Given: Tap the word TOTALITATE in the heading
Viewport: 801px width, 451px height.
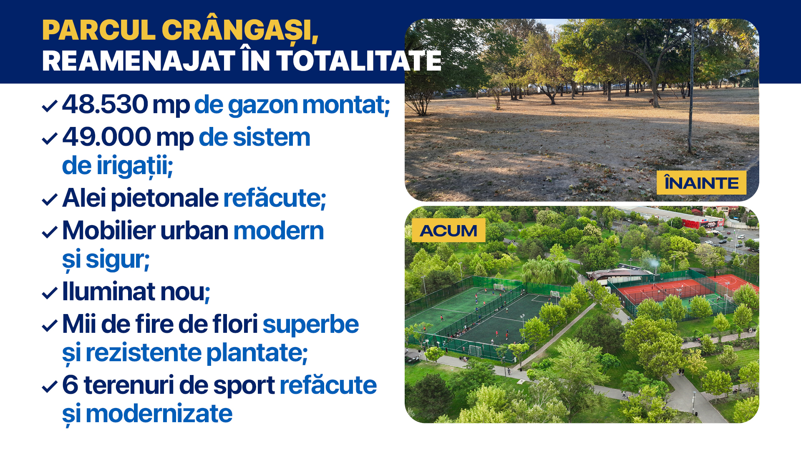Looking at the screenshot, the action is coord(359,61).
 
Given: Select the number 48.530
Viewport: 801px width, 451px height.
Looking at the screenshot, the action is coord(105,104).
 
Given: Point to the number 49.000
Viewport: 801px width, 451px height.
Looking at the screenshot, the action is coord(106,137).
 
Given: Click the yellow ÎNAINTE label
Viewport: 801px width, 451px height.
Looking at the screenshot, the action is coord(701,183).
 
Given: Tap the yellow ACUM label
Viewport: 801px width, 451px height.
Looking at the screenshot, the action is coord(448,230).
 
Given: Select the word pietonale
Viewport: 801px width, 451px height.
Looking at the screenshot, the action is coord(164,198).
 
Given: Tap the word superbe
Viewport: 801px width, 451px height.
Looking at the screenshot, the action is coord(310,324).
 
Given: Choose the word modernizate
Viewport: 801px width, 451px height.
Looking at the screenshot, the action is coord(159,414).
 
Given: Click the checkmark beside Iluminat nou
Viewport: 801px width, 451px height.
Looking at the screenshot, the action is coord(50,293).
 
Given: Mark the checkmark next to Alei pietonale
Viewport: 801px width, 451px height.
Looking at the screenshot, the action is coord(50,200).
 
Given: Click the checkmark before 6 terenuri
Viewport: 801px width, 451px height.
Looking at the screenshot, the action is coord(50,387).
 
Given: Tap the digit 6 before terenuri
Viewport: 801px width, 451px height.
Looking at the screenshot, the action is coord(70,385).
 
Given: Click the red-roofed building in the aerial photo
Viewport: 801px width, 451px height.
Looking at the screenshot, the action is coord(703,223).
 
